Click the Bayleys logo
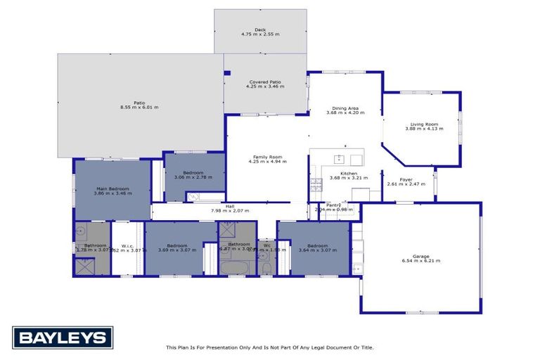(63, 338)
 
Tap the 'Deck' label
(261, 30)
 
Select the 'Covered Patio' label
(265, 82)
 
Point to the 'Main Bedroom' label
(112, 188)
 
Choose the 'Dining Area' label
(345, 108)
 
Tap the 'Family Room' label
(265, 157)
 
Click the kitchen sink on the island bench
(338, 159)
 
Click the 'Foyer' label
(406, 179)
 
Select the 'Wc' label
(267, 245)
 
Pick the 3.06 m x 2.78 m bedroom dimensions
(193, 177)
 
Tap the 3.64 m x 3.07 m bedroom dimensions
(313, 250)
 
